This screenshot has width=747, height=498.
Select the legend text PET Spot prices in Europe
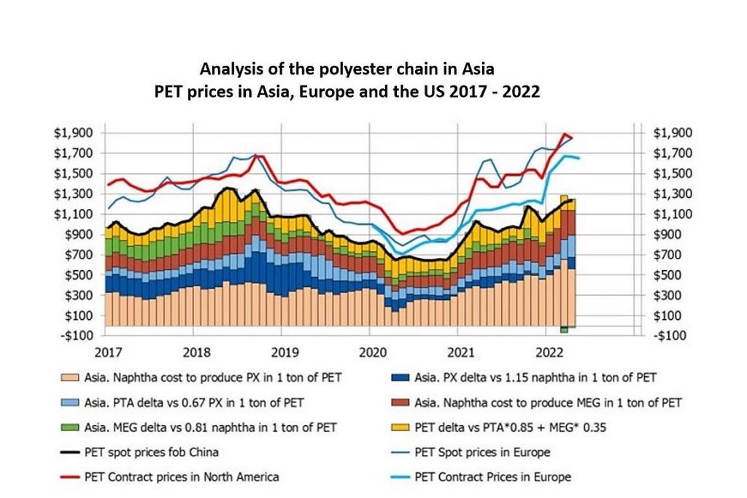click(x=482, y=452)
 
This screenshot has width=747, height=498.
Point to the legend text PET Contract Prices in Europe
click(x=492, y=477)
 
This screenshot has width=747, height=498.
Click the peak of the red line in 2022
click(x=564, y=134)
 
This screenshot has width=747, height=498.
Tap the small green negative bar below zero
click(x=564, y=330)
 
